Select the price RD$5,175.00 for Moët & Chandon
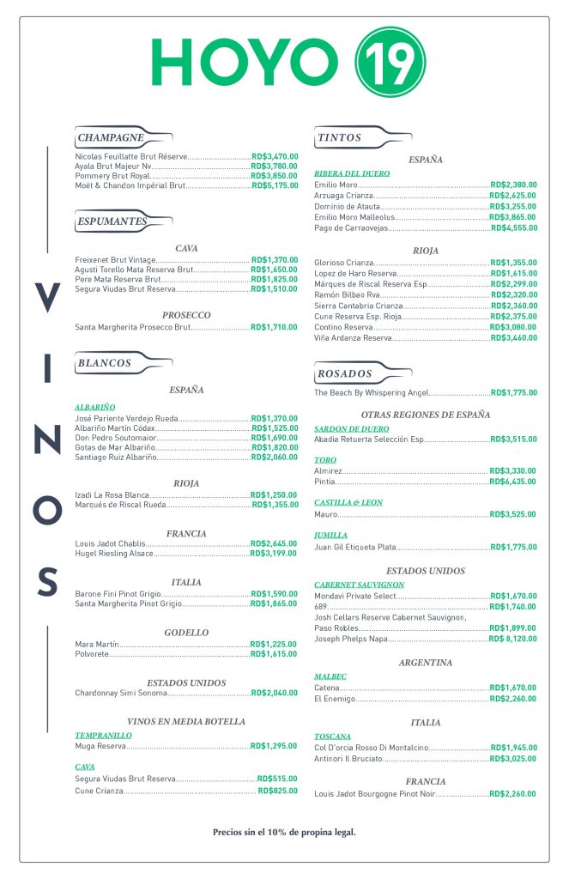point(275,185)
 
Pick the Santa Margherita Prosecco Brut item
point(132,328)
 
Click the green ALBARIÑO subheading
point(94,407)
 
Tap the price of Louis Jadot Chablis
point(274,543)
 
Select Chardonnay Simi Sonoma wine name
point(119,693)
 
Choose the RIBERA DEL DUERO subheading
point(351,173)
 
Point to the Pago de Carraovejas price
point(513,228)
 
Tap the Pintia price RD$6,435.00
point(513,482)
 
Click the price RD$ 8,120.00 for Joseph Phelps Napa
point(513,640)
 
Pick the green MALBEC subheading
point(330,676)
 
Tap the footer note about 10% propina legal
point(284,832)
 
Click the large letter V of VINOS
point(47,299)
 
